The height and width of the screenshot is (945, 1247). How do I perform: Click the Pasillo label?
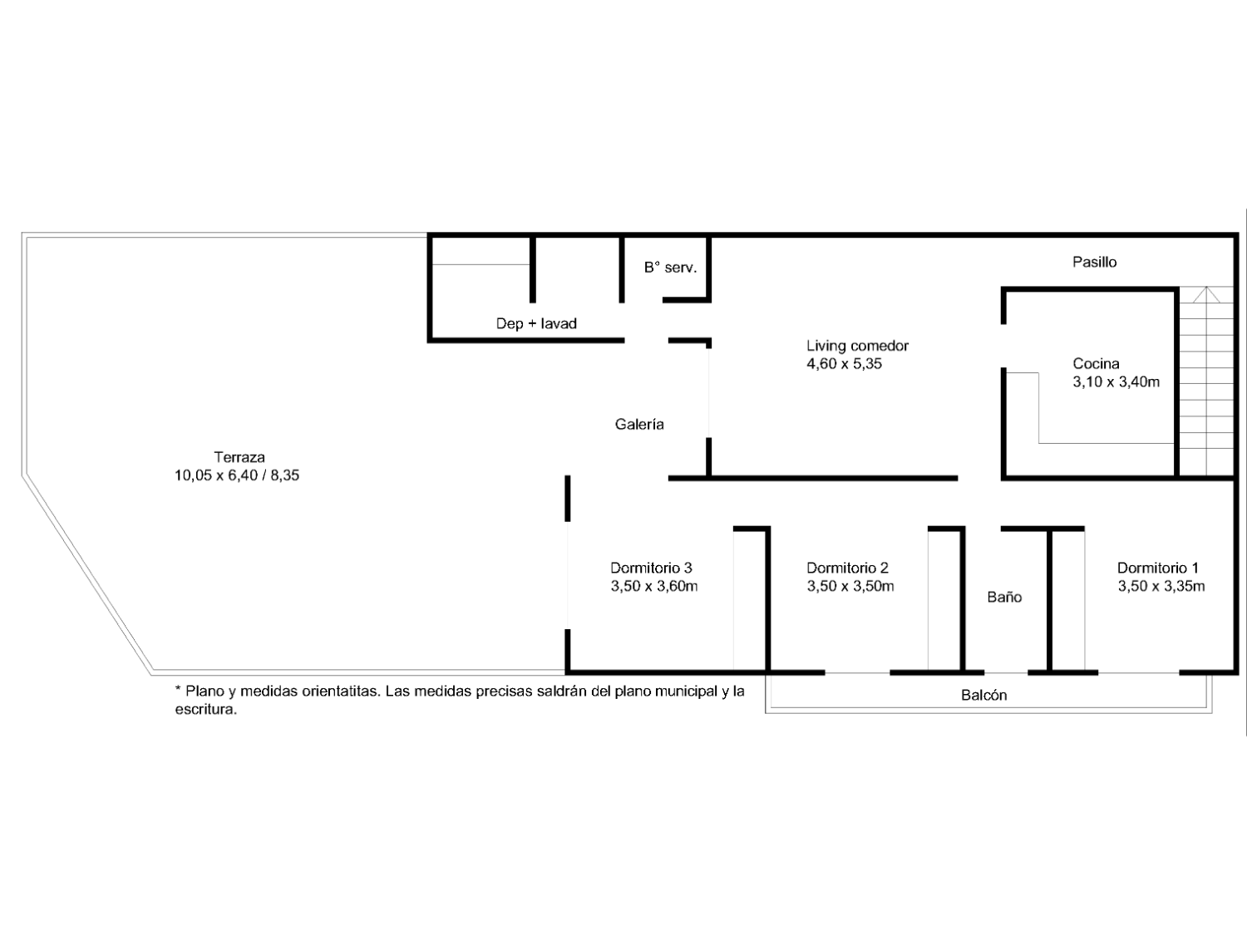tap(1094, 262)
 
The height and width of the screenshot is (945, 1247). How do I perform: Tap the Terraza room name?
tap(239, 457)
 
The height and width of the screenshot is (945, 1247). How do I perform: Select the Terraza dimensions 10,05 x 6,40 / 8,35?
tap(237, 475)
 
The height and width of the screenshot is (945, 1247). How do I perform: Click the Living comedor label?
tap(857, 345)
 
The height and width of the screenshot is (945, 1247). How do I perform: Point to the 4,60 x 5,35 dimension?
tap(844, 363)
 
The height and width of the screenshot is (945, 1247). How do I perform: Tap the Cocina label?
tap(1096, 363)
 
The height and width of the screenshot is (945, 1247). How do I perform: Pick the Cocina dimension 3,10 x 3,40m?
tap(1116, 381)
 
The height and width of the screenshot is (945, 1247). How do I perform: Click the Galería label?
tap(639, 424)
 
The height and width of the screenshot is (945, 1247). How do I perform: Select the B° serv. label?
tap(670, 268)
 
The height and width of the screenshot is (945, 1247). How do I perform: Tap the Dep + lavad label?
tap(536, 323)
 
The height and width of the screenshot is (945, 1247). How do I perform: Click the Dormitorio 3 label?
tap(651, 568)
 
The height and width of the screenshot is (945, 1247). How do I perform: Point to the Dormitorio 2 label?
tap(847, 568)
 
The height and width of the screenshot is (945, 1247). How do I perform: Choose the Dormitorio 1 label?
tap(1158, 568)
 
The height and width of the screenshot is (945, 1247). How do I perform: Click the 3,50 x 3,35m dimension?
tap(1161, 586)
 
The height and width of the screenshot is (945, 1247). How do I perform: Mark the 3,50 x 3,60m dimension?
tap(654, 586)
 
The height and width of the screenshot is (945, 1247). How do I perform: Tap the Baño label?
tap(1004, 597)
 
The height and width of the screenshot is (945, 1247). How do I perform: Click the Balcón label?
tap(984, 695)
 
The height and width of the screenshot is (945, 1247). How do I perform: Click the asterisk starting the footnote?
tap(178, 689)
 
